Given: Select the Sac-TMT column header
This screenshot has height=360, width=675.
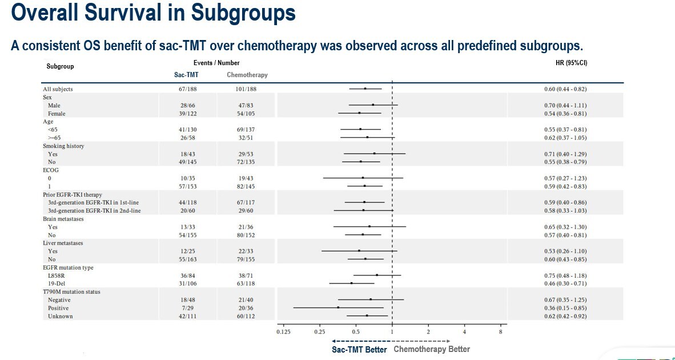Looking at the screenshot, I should point(186,75).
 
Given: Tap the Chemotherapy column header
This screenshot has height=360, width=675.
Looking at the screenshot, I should point(247,75).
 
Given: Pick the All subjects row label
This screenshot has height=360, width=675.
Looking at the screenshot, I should point(58,89).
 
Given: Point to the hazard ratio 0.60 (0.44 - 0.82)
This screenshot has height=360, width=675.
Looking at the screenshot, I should point(565,89).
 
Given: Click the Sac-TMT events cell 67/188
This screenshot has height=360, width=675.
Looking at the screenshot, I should point(188,89).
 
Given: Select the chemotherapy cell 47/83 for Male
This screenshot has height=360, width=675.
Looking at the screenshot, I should point(247,106).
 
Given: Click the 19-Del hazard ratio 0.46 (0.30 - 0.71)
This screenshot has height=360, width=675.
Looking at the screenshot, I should point(565,283).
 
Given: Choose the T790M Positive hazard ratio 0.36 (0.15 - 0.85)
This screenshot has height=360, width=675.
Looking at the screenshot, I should point(565,308).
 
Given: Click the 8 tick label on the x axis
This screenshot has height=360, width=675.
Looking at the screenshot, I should point(500,332).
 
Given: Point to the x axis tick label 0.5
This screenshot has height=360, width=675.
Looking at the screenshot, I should point(356,332).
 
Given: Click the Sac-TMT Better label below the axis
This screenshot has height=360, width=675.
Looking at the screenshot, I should point(360,350).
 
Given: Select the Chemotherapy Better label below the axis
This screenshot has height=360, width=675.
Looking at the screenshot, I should point(432,349).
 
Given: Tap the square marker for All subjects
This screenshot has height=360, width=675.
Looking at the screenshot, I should point(365,89).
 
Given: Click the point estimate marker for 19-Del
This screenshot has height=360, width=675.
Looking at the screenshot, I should point(351,283).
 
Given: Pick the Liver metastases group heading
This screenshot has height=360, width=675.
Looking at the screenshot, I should point(63,243).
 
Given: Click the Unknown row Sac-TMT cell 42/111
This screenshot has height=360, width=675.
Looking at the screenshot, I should point(188,316).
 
